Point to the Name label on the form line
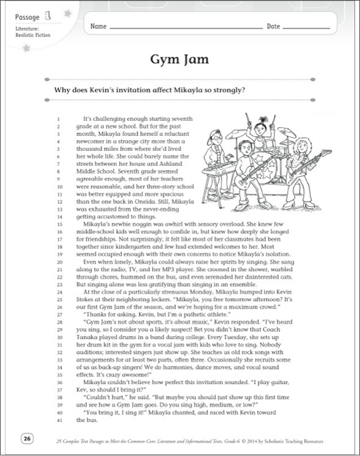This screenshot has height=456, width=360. click(99, 26)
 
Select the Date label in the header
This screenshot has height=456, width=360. click(273, 26)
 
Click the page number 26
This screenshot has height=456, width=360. click(27, 437)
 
